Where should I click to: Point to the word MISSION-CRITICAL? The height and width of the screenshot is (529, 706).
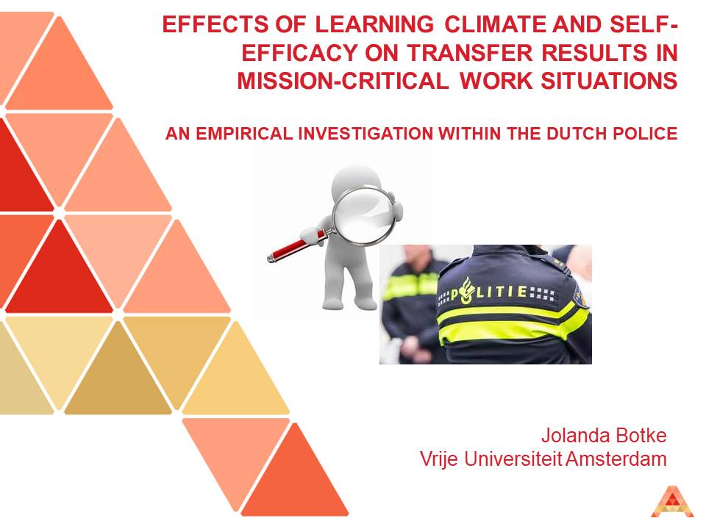click(342, 81)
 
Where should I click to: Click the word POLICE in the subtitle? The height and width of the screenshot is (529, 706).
click(646, 134)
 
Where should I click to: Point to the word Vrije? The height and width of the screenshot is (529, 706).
click(439, 460)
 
